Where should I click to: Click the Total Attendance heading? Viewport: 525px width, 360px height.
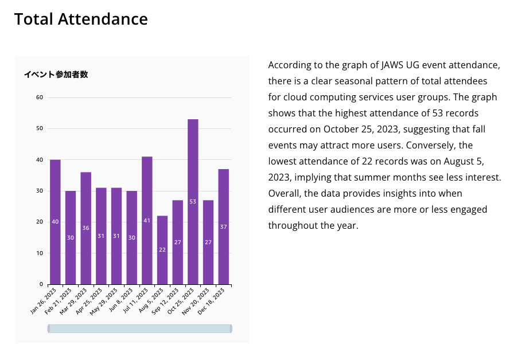click(x=81, y=19)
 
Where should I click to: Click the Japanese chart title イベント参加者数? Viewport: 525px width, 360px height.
click(x=56, y=75)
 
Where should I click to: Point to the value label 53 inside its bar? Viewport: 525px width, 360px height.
click(x=193, y=202)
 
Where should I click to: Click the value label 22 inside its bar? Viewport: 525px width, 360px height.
click(x=162, y=250)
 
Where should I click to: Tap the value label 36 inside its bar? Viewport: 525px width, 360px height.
click(x=86, y=228)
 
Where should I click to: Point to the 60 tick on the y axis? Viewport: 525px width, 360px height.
click(x=40, y=97)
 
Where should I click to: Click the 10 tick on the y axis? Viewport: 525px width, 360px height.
click(x=40, y=253)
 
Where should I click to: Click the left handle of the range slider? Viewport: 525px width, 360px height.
click(x=49, y=328)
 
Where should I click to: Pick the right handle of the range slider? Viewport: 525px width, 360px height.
click(x=231, y=328)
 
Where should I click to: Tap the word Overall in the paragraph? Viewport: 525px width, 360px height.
click(x=285, y=193)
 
